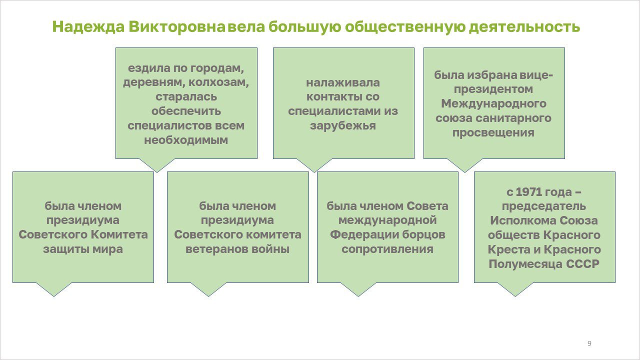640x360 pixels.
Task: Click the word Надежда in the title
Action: (x=88, y=27)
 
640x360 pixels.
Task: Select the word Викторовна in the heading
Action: (x=177, y=26)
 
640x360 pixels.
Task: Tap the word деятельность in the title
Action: (x=524, y=27)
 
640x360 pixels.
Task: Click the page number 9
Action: (x=589, y=343)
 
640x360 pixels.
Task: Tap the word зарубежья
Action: (x=343, y=125)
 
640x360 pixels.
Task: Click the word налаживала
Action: (x=343, y=83)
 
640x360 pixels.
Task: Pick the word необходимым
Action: (x=186, y=140)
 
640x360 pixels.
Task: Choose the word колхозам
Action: (x=218, y=82)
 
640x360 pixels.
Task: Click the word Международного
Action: (x=493, y=103)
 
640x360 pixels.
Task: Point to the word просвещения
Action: (x=493, y=132)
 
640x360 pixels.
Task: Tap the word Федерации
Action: (x=364, y=235)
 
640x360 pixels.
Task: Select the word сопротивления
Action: (x=387, y=249)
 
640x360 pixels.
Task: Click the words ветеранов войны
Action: (x=237, y=249)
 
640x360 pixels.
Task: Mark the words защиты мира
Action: (x=83, y=249)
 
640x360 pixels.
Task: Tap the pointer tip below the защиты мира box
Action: (x=53, y=296)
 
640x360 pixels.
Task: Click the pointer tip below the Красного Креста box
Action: (x=515, y=296)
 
